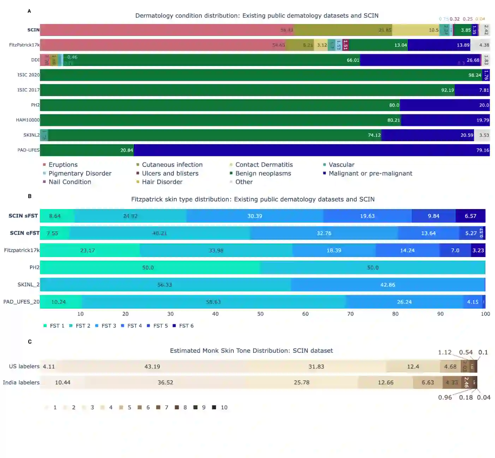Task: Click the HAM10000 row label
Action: tap(28, 120)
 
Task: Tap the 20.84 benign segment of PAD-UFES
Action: tap(87, 150)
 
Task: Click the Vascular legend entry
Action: tap(341, 165)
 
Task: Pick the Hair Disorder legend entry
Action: tap(162, 182)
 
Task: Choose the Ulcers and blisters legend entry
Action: tap(170, 173)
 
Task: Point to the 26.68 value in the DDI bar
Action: tap(473, 60)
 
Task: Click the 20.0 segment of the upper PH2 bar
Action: tap(445, 105)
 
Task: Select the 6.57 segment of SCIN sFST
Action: tap(470, 216)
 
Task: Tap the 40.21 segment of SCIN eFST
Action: tap(159, 233)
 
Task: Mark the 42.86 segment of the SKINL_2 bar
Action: tap(388, 285)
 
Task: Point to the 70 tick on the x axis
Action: tap(350, 314)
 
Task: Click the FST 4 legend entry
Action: tap(134, 326)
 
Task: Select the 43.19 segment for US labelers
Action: tap(152, 367)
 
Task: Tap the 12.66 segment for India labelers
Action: tap(386, 382)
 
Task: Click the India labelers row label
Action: tap(21, 382)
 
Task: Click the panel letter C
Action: tap(30, 342)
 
